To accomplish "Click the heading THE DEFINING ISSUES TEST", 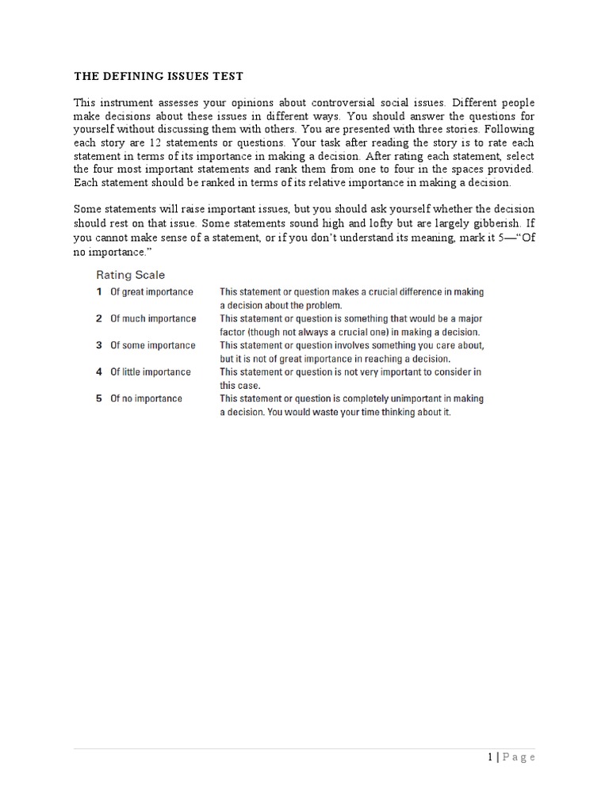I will (159, 77).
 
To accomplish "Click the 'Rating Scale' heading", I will (131, 275).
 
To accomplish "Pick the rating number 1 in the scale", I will (99, 291).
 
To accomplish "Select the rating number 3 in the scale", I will (99, 345).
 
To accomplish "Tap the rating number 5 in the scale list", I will (99, 398).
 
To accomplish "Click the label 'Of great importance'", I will (151, 291).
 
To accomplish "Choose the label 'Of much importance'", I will (153, 318).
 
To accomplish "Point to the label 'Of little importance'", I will (151, 371).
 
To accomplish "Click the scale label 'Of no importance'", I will (146, 398).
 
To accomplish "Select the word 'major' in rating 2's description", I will (467, 318).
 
